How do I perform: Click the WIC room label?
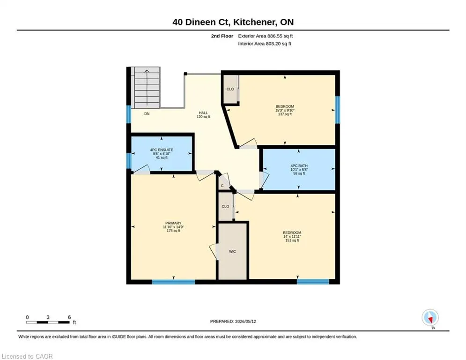point(232,252)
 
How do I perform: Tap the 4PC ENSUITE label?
point(162,150)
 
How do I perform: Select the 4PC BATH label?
point(299,166)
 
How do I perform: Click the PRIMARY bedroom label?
point(173,223)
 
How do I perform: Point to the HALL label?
point(203,113)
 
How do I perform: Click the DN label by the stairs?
point(147,113)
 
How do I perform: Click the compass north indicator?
point(430,318)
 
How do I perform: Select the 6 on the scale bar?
point(69,317)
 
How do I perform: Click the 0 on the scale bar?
point(27,317)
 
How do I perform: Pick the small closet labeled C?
point(222,186)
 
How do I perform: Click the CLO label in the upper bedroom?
point(230,89)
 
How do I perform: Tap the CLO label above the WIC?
point(225,206)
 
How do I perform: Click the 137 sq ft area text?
point(285,114)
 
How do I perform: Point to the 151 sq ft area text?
point(292,240)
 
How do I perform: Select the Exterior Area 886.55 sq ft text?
point(266,36)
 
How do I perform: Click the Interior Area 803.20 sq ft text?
point(265,44)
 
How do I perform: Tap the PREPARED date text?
point(233,321)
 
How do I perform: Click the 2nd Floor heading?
point(222,36)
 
